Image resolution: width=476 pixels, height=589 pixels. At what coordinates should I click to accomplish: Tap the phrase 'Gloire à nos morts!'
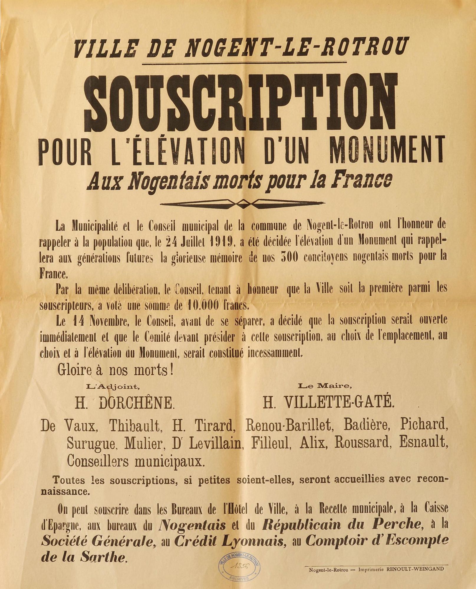coord(115,370)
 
